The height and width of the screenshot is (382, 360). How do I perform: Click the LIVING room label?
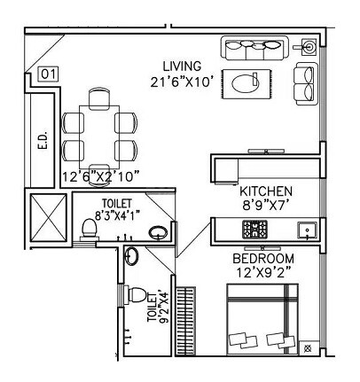[x=182, y=66]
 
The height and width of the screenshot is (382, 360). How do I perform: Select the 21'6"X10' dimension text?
[x=182, y=82]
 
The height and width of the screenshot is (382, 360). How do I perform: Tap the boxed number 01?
[x=49, y=74]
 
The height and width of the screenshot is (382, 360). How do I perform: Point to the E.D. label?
[x=42, y=141]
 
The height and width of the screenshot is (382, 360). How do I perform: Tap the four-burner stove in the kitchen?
[x=257, y=230]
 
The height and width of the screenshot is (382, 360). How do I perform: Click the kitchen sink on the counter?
[x=307, y=230]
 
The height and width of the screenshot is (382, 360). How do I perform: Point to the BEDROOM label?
[x=262, y=258]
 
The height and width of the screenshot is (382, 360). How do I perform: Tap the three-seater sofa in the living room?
[x=254, y=49]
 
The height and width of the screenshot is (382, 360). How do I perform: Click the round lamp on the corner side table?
[x=309, y=45]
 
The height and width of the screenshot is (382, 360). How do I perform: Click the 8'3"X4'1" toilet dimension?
[x=121, y=214]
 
